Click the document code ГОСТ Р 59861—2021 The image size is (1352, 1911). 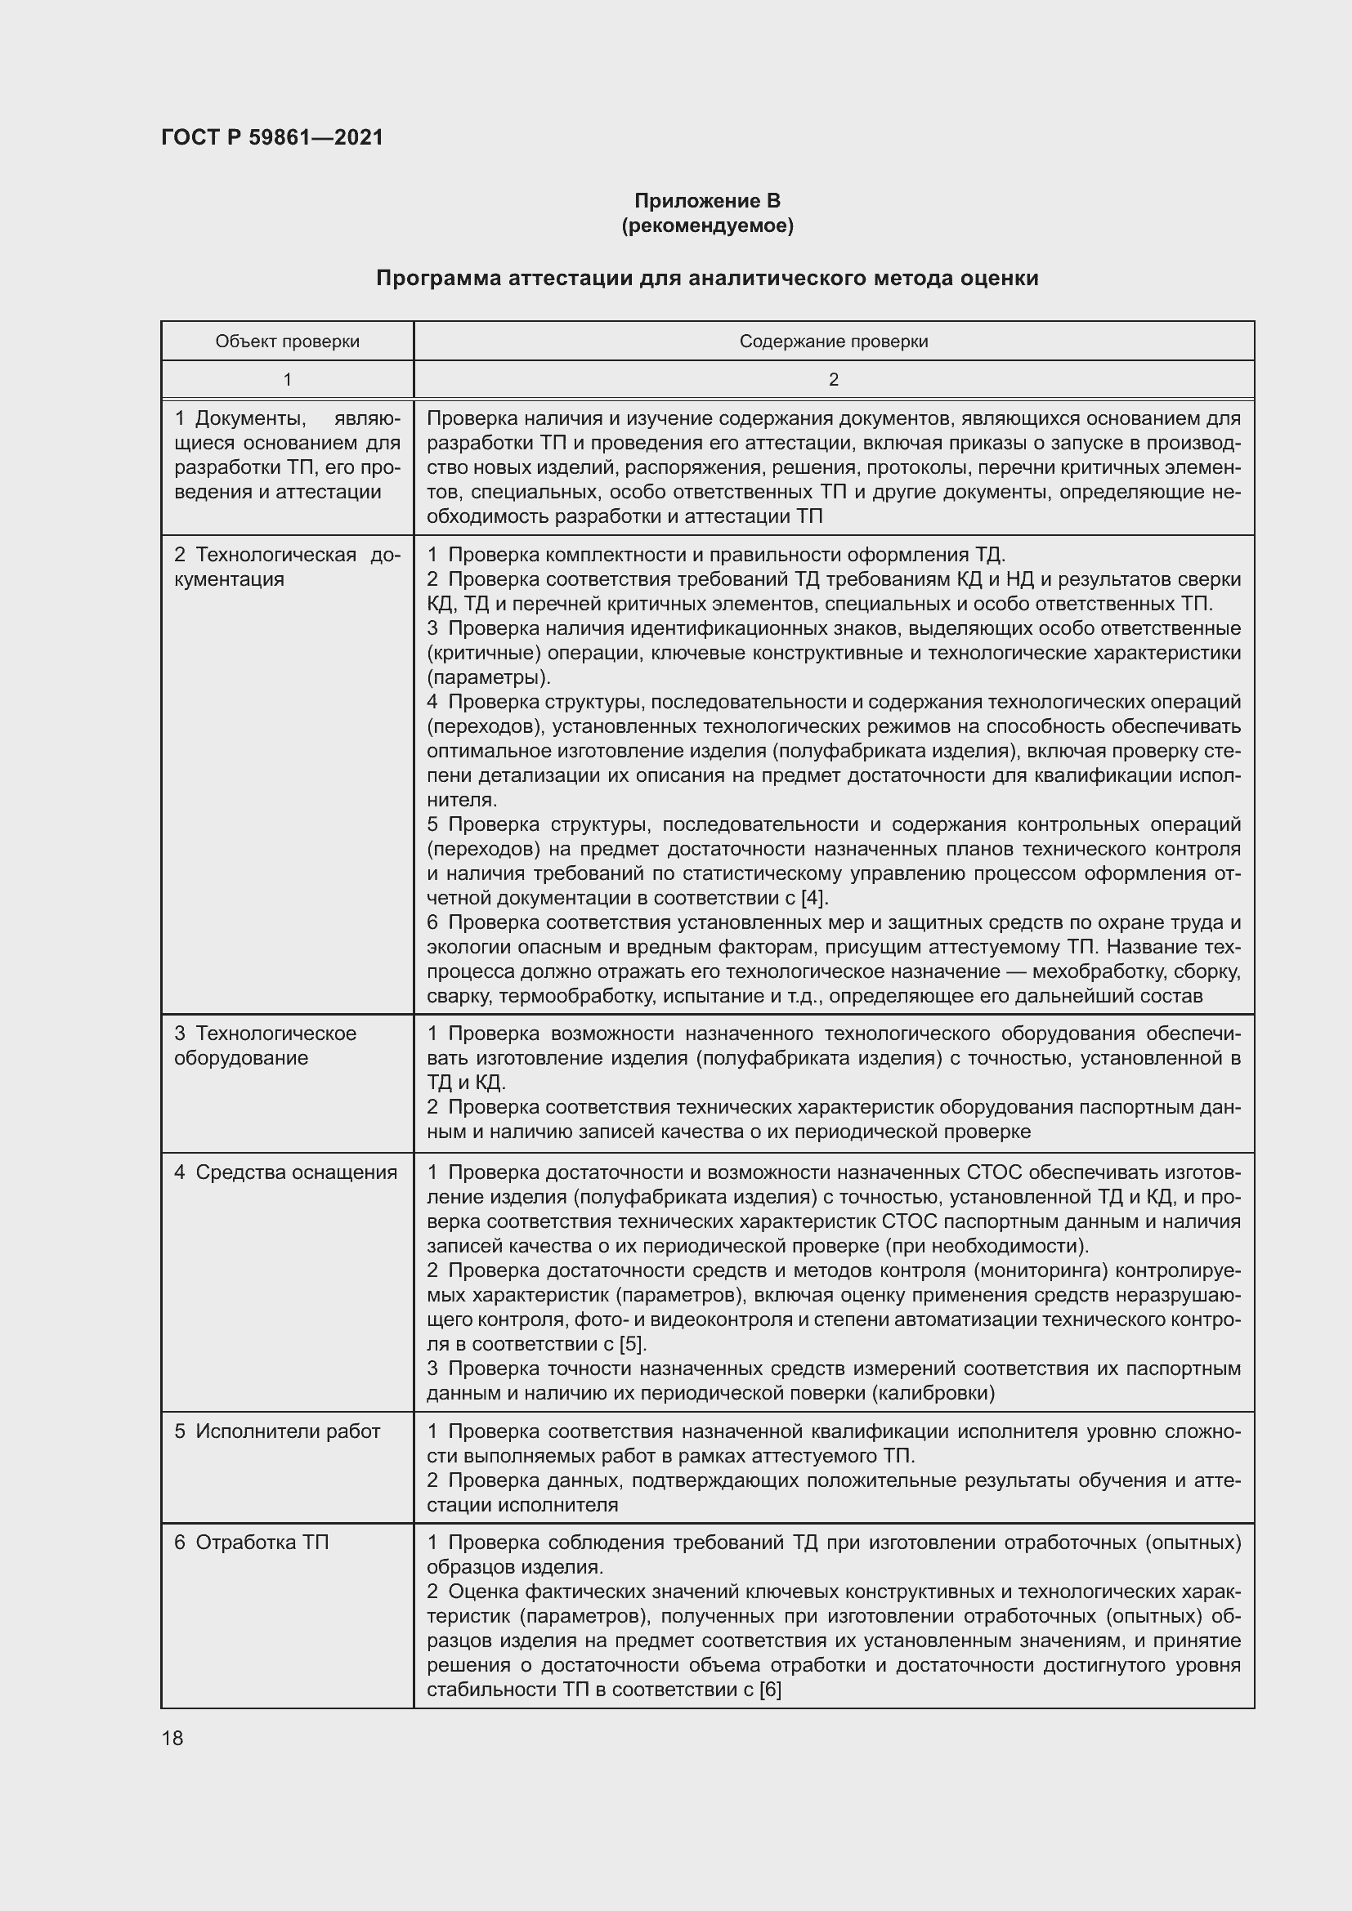pyautogui.click(x=272, y=137)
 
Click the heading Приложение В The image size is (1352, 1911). pyautogui.click(x=707, y=201)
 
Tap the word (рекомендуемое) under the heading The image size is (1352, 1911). pyautogui.click(x=707, y=225)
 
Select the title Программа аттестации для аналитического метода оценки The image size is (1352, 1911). pyautogui.click(x=707, y=278)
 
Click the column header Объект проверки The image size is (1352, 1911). pyautogui.click(x=287, y=342)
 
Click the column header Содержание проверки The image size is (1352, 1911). pyautogui.click(x=833, y=342)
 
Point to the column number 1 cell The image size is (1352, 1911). pyautogui.click(x=287, y=380)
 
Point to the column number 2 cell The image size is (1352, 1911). pyautogui.click(x=833, y=380)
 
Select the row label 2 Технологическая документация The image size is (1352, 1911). pyautogui.click(x=287, y=567)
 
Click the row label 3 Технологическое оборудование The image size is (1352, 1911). pyautogui.click(x=265, y=1046)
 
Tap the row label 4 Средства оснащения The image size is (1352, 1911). pyautogui.click(x=285, y=1172)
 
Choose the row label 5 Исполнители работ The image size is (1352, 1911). pyautogui.click(x=277, y=1431)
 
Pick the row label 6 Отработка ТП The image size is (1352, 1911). pyautogui.click(x=252, y=1543)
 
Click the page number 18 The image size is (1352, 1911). pyautogui.click(x=172, y=1738)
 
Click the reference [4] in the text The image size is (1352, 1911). pyautogui.click(x=812, y=898)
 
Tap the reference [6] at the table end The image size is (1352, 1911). pyautogui.click(x=769, y=1690)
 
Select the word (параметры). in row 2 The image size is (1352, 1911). pyautogui.click(x=489, y=676)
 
